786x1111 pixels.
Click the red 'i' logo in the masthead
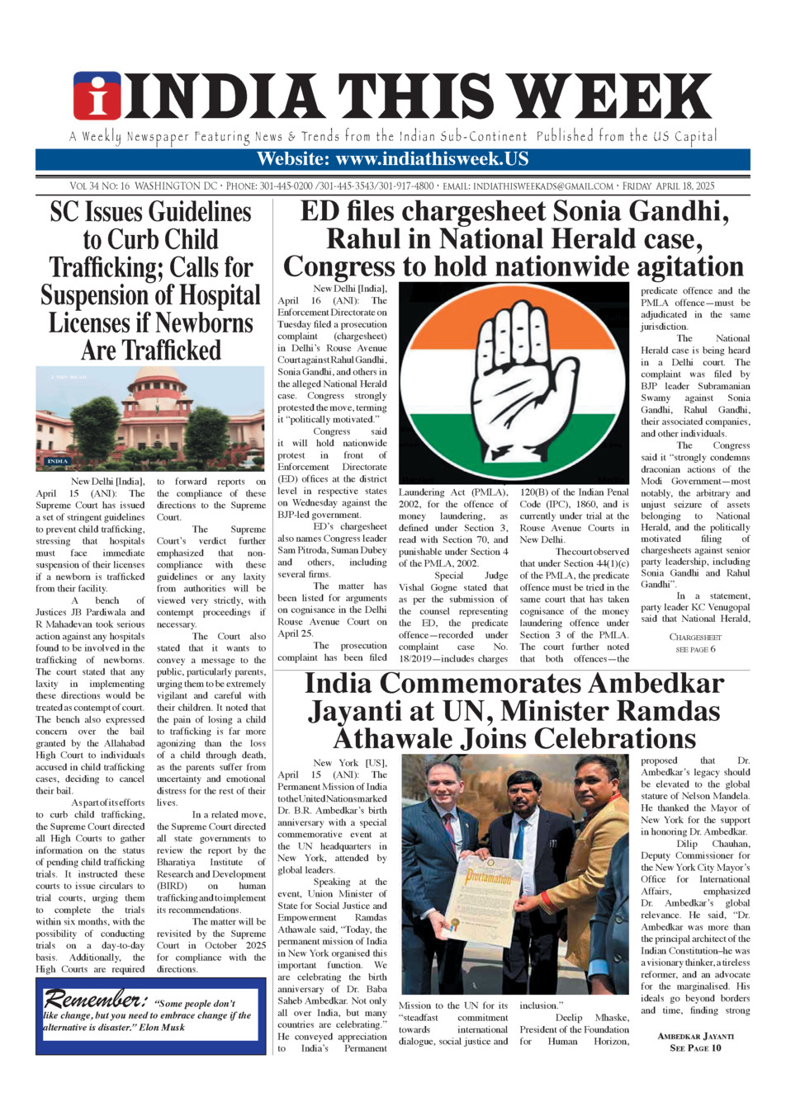pos(97,97)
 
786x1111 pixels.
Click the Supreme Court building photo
pos(149,419)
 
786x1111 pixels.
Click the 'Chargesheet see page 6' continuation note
pos(695,643)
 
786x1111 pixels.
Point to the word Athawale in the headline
pos(400,737)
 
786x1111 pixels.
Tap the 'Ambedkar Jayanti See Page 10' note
pos(695,1042)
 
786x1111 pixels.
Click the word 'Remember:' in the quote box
pos(96,1000)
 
